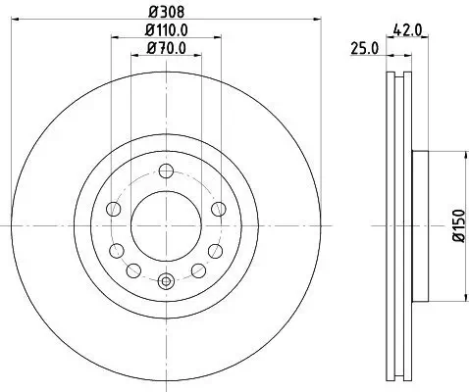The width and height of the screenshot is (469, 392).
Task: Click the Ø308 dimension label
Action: (x=164, y=13)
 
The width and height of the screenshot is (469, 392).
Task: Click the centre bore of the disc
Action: (x=165, y=224)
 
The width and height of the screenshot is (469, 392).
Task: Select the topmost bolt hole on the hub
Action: (x=165, y=168)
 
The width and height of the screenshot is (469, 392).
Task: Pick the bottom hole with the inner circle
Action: (x=165, y=281)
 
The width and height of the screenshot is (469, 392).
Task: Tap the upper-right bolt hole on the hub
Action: (x=218, y=208)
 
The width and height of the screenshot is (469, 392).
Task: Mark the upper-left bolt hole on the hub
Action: (x=112, y=208)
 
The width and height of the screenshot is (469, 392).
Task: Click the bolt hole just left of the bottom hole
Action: (x=132, y=269)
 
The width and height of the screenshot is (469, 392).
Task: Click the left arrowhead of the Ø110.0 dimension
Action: (x=114, y=37)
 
